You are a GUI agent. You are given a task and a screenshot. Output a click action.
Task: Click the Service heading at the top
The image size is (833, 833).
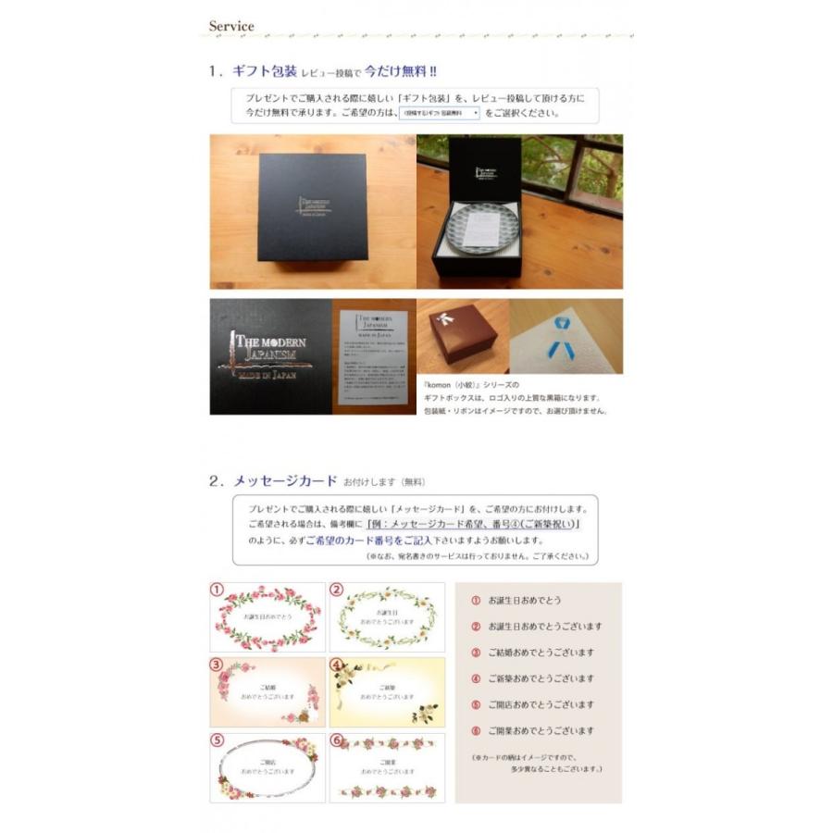click(231, 26)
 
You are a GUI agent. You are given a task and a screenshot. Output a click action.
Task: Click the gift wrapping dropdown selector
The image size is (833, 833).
click(440, 113)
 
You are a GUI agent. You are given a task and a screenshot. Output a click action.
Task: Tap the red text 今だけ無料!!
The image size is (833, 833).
click(401, 70)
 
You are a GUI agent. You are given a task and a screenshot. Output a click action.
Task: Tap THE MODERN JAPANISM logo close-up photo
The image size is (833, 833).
click(270, 355)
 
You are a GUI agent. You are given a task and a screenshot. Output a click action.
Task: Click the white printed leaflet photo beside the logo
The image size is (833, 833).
click(373, 355)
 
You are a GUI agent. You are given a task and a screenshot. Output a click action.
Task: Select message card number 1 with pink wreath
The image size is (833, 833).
click(267, 617)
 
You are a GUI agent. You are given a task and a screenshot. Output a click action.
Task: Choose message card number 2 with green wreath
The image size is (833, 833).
click(387, 617)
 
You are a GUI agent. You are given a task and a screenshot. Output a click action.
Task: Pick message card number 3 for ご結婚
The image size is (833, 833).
click(267, 691)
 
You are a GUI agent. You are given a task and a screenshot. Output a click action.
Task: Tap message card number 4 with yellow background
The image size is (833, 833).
click(387, 691)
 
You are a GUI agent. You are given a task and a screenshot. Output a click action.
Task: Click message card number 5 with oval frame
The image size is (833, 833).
click(267, 767)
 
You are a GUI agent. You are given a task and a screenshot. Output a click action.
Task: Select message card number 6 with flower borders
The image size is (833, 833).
click(387, 767)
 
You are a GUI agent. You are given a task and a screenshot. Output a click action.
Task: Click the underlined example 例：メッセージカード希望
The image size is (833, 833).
click(473, 524)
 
